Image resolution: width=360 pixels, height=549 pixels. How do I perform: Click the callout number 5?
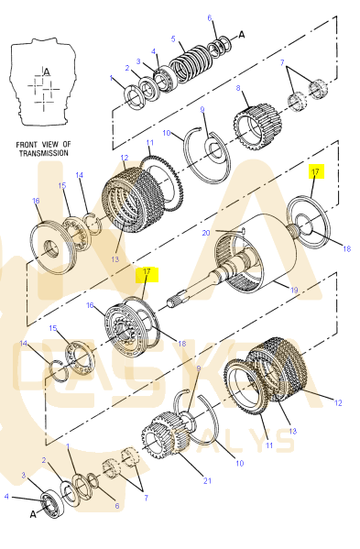point(173,38)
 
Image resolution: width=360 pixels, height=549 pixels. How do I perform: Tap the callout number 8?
point(238,88)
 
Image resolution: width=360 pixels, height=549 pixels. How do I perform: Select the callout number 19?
point(294,290)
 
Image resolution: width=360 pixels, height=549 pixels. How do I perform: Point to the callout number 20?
point(206,233)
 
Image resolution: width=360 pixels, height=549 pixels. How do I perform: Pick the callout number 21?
point(207,480)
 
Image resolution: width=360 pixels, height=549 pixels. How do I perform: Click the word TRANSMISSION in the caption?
point(44,153)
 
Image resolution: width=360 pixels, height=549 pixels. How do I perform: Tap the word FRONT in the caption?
point(27,145)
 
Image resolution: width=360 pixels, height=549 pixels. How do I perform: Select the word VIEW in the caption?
point(50,145)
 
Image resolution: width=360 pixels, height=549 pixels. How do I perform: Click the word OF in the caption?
point(67,145)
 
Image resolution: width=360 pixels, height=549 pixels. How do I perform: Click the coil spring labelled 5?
point(191,64)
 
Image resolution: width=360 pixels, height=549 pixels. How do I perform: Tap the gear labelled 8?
point(257,126)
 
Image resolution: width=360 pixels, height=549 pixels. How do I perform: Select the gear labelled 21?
point(165,435)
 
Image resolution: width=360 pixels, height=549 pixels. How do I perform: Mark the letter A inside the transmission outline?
point(47,72)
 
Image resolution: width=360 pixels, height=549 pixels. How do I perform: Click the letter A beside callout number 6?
point(242,35)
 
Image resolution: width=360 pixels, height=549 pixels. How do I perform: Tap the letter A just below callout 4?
point(33,514)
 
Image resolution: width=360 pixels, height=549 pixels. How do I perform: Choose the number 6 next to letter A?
point(210,17)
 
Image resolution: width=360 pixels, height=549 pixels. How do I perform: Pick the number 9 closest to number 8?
point(202,110)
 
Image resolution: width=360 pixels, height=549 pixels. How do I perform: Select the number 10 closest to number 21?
point(240,463)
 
